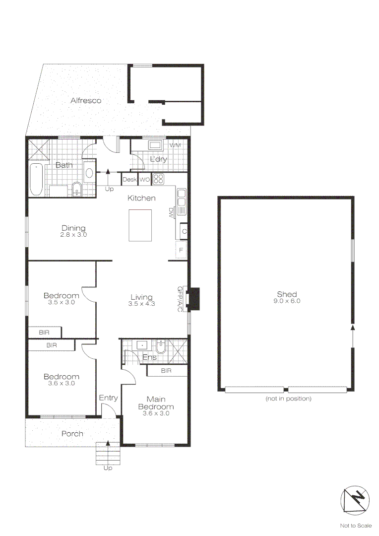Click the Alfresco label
[85, 101]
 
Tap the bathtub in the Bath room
[36, 180]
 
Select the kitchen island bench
[140, 225]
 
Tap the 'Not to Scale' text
[356, 526]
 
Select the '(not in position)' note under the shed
[288, 399]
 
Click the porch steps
[108, 453]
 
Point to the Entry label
[108, 398]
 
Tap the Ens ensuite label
[149, 357]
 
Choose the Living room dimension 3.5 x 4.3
[142, 304]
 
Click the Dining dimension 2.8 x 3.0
[73, 235]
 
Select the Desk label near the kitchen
[129, 179]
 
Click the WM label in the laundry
[175, 145]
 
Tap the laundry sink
[155, 146]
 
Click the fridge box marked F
[182, 250]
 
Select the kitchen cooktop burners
[159, 179]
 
